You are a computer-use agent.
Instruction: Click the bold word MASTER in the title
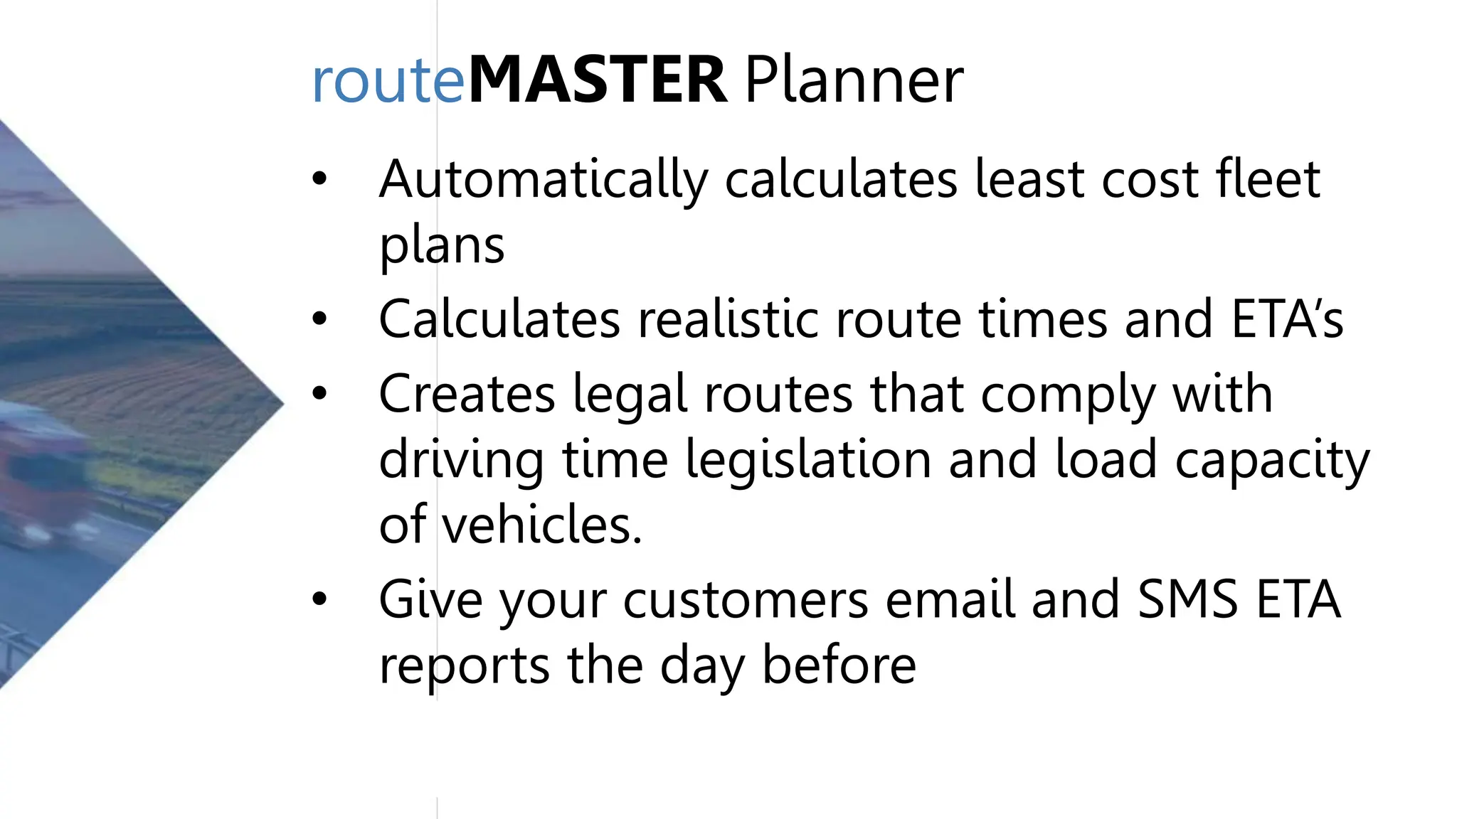point(598,80)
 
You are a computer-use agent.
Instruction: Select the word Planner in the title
point(854,82)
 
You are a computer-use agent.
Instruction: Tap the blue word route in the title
point(388,82)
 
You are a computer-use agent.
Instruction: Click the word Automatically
point(544,180)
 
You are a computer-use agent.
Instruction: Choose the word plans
point(442,246)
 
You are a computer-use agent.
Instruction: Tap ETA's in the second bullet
point(1287,318)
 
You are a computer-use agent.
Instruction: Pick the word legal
point(630,395)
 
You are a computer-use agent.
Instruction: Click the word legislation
point(808,459)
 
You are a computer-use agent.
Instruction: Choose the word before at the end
point(839,665)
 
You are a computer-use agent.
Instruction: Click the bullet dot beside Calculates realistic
point(319,318)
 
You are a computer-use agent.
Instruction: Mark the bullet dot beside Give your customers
point(319,599)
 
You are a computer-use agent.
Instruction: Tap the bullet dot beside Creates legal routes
point(319,393)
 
